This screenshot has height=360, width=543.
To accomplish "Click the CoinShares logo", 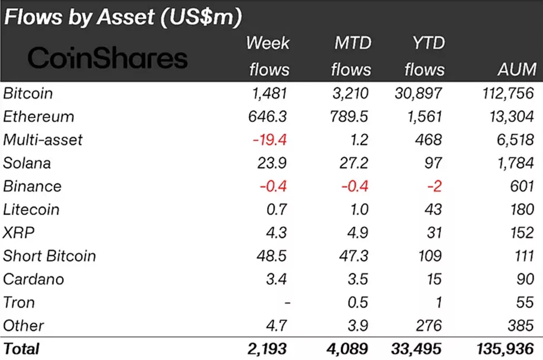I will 108,58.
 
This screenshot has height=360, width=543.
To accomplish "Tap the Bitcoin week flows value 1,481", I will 269,93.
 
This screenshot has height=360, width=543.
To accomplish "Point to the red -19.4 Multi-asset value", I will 269,140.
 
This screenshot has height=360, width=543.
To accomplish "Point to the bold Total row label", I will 22,349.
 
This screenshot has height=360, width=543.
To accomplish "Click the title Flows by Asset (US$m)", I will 123,17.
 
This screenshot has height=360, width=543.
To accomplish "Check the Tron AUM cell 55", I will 525,303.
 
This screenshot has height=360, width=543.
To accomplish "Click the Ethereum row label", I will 38,116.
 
